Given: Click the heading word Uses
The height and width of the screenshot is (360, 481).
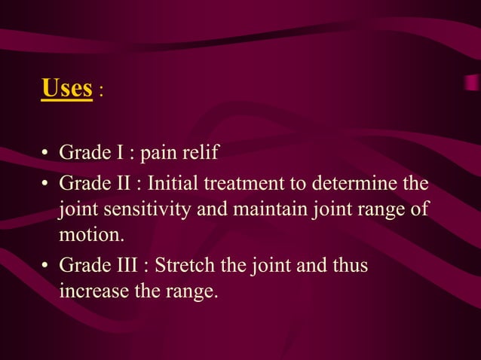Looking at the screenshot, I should click(x=66, y=88).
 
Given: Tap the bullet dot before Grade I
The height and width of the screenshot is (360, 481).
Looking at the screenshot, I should click(x=46, y=154).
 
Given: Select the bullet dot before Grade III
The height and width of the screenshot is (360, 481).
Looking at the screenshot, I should click(x=46, y=266).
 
